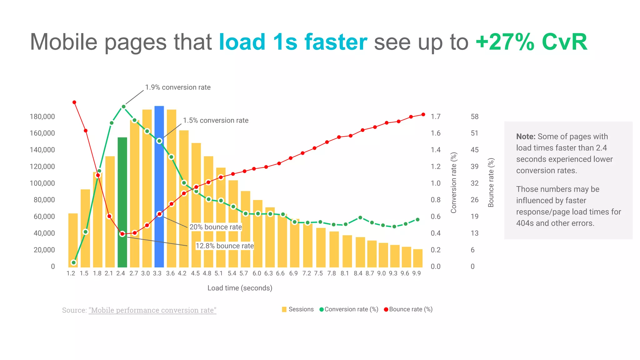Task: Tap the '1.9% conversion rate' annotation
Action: (x=177, y=87)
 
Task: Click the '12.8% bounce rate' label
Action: (x=224, y=246)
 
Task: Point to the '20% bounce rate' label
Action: (x=216, y=227)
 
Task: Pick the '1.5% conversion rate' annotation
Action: (x=215, y=121)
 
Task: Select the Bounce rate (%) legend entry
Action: (x=408, y=309)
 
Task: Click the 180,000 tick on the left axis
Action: (x=42, y=117)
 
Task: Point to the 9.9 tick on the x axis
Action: (x=416, y=273)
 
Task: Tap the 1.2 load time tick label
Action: (x=71, y=273)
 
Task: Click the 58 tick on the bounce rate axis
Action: (x=474, y=117)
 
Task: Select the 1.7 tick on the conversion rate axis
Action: (x=435, y=117)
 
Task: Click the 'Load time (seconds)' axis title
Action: (x=240, y=288)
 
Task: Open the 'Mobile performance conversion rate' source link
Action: (x=152, y=310)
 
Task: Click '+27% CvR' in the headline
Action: (x=531, y=42)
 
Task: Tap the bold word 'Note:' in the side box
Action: (x=526, y=137)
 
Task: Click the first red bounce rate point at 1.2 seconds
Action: (x=74, y=102)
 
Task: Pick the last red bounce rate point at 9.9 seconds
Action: (x=423, y=115)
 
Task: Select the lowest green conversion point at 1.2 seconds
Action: (x=74, y=262)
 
